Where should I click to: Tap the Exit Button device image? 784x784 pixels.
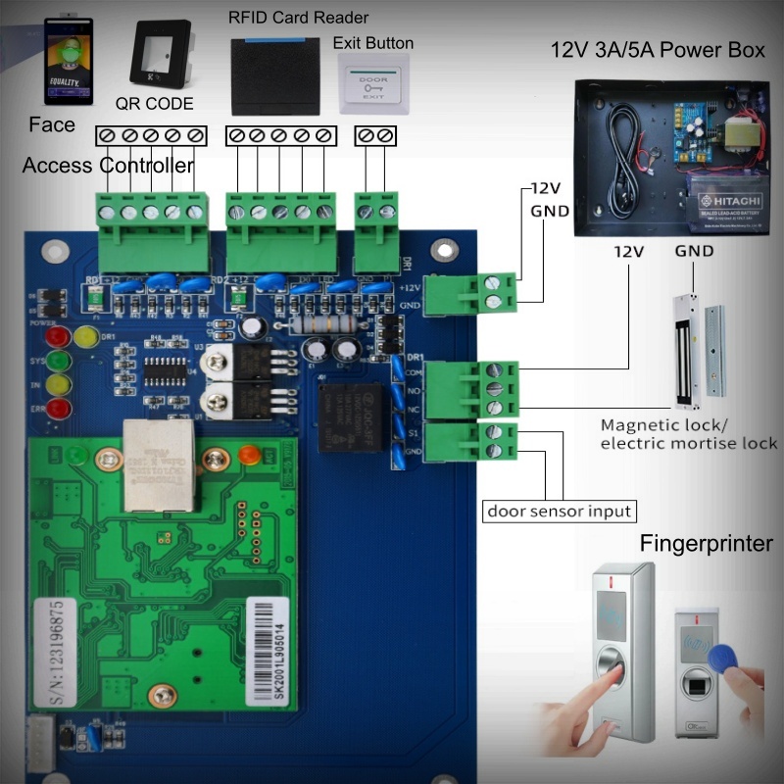[372, 83]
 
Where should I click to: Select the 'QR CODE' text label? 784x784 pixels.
[154, 103]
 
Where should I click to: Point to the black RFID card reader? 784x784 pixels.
[274, 74]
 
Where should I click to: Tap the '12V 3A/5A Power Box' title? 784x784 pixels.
[658, 51]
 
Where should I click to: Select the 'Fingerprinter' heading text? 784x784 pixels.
[707, 544]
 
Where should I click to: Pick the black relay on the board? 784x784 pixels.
[344, 416]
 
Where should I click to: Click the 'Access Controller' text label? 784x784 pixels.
[108, 165]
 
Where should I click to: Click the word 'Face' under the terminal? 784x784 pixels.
[51, 124]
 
